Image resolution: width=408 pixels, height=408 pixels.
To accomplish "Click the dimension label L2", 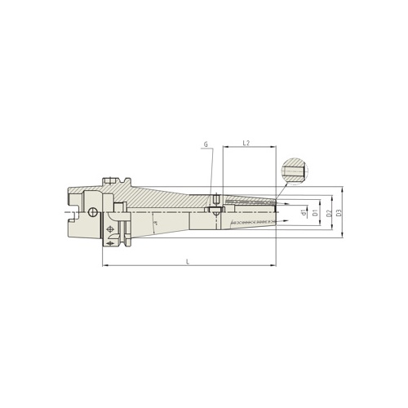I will point(246,143).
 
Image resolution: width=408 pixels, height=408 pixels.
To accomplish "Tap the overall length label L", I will point(189,260).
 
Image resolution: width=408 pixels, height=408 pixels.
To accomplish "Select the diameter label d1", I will point(304,214).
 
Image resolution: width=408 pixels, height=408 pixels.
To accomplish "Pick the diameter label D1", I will point(316,214).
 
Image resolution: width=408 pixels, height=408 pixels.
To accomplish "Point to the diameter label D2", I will point(328,214).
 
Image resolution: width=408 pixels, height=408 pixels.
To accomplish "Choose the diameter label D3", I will point(339,214).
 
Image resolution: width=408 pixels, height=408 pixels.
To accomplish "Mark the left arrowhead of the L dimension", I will point(104,265).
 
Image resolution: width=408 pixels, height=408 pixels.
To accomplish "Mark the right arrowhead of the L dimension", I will point(274,265).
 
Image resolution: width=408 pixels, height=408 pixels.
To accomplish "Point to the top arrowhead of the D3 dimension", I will point(344,189).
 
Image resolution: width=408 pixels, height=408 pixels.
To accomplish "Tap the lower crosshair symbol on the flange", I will point(110,242).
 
